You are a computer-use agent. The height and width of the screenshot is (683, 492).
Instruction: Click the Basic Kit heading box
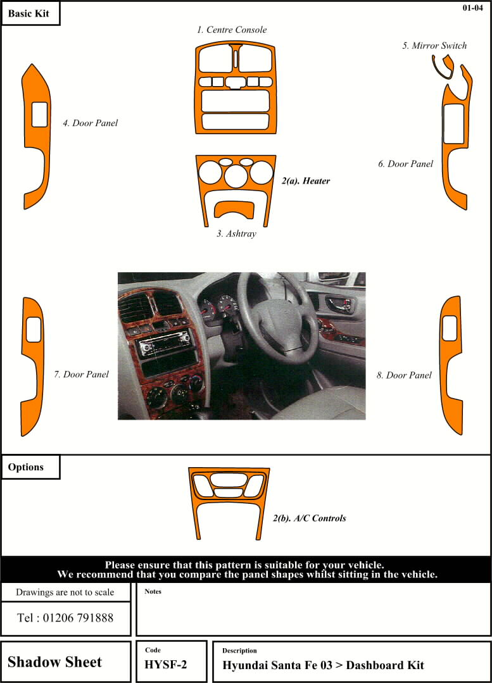[x=30, y=13]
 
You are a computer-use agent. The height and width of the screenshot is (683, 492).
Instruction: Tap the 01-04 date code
[x=472, y=8]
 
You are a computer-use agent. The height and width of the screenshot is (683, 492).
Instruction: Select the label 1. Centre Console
[x=231, y=30]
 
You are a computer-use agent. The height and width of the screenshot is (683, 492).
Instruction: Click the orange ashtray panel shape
[x=234, y=209]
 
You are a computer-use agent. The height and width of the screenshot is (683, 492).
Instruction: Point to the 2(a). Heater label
[x=305, y=181]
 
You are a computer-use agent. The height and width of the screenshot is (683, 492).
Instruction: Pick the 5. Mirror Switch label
[x=434, y=46]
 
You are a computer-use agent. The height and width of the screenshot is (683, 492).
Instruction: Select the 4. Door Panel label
[x=90, y=123]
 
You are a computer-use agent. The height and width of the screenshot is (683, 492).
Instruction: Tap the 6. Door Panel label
[x=405, y=164]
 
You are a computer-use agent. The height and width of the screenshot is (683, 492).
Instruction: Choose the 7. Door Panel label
[x=81, y=374]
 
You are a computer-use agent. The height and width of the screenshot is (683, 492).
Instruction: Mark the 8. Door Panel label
[x=404, y=375]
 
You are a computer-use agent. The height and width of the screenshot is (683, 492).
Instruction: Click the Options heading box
[x=30, y=467]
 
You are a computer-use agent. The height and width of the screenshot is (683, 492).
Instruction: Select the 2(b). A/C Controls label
[x=310, y=518]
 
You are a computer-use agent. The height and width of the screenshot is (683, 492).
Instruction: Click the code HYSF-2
[x=166, y=665]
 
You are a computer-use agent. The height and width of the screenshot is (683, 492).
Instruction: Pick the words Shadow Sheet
[x=54, y=662]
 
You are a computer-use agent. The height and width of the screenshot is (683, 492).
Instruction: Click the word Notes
[x=153, y=591]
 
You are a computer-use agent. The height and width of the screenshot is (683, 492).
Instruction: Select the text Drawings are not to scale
[x=65, y=592]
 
